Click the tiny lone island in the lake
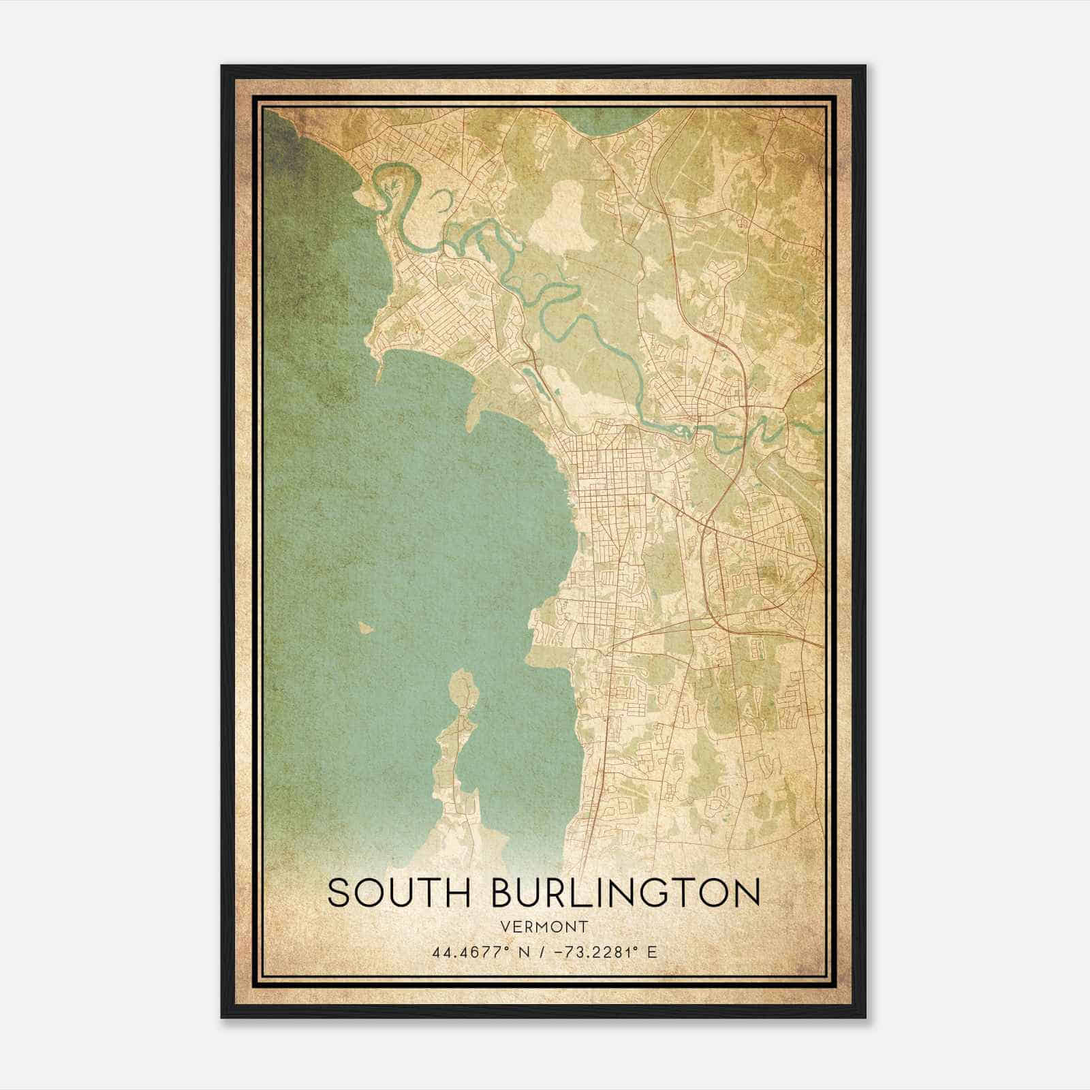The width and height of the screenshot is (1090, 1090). (366, 627)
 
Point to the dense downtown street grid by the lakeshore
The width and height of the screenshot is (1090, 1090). (599, 477)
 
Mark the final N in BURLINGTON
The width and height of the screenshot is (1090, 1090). (747, 892)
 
